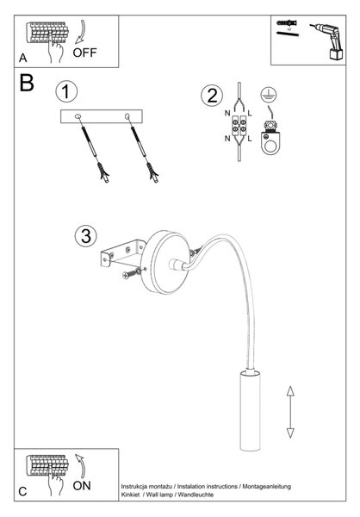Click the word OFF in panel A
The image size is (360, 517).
click(x=84, y=53)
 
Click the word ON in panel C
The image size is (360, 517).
click(x=82, y=486)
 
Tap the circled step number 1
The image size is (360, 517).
click(x=66, y=91)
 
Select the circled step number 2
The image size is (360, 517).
click(x=212, y=96)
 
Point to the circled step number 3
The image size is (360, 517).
click(x=86, y=236)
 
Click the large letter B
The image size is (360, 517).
click(x=27, y=83)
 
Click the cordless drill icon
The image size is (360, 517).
click(x=327, y=41)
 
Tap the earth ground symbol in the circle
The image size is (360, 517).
click(x=269, y=95)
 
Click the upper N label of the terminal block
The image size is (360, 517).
click(x=227, y=113)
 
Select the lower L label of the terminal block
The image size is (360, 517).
click(x=250, y=139)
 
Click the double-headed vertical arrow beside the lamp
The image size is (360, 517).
click(x=290, y=412)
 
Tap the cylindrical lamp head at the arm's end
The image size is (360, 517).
click(x=250, y=410)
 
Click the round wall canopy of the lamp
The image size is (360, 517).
click(x=165, y=263)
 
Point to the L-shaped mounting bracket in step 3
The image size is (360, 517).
click(x=122, y=253)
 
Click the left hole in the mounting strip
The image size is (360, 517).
click(x=78, y=116)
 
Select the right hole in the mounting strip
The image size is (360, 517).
click(x=127, y=116)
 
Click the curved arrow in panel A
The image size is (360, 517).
click(x=80, y=32)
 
